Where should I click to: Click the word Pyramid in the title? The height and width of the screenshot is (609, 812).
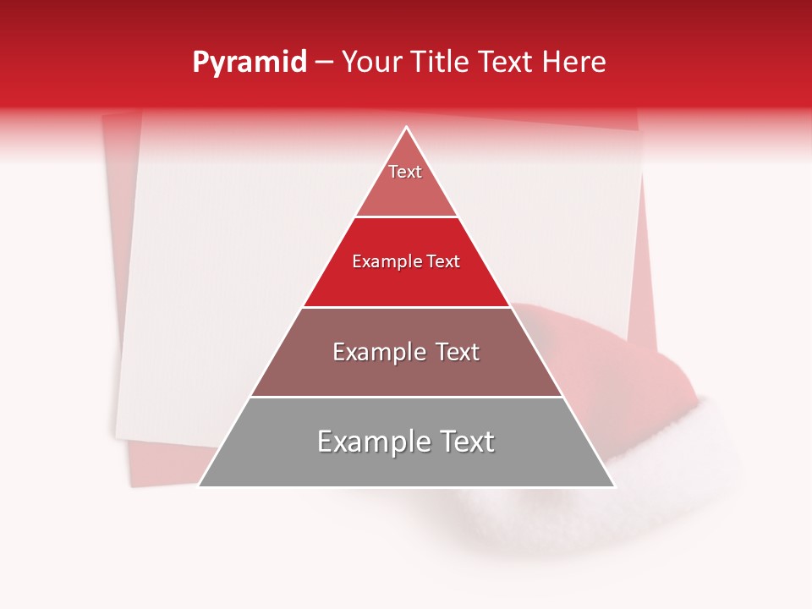pyautogui.click(x=250, y=63)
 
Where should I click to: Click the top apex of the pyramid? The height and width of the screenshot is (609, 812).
pyautogui.click(x=407, y=129)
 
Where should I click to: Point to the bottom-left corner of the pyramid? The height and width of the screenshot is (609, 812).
pyautogui.click(x=200, y=485)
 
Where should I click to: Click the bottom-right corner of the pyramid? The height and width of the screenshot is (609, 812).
pyautogui.click(x=613, y=485)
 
